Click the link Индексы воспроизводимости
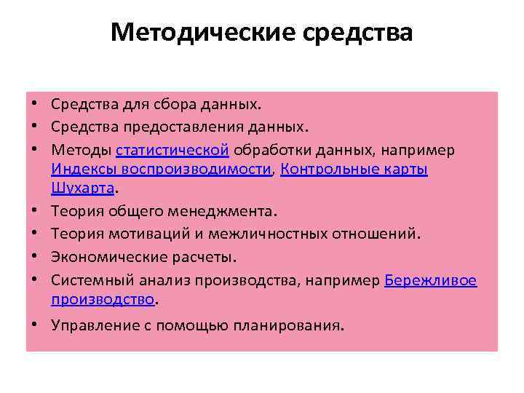point(161,169)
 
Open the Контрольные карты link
point(354,169)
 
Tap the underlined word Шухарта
point(83,188)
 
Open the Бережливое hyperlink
point(430,279)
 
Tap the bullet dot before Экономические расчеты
point(35,257)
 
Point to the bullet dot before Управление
point(35,325)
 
